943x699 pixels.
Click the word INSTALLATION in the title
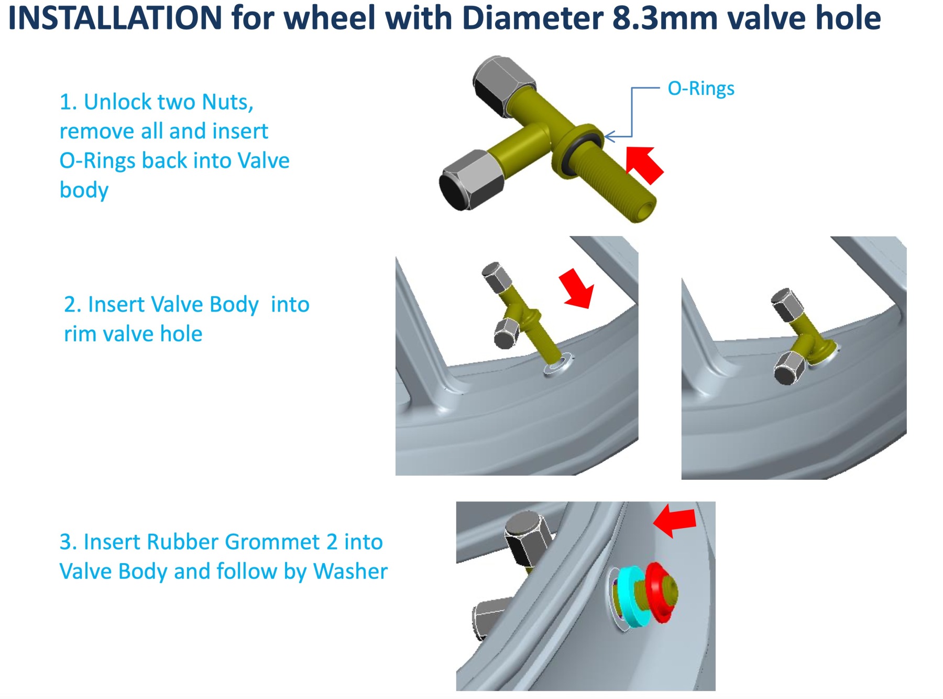point(115,18)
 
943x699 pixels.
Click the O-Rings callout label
point(700,88)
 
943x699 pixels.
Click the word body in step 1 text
point(84,190)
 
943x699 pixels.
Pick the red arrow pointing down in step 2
point(577,289)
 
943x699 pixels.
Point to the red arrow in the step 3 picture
point(675,520)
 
